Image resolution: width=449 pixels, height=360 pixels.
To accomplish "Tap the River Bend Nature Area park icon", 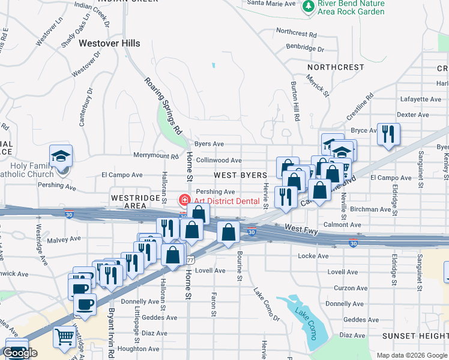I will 309,7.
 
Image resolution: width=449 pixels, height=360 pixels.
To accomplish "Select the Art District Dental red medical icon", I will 185,200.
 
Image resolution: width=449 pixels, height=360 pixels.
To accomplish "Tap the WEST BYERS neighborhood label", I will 240,175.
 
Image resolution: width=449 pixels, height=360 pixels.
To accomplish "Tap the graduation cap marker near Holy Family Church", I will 61,157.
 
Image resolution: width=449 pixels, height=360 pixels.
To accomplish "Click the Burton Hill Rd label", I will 295,101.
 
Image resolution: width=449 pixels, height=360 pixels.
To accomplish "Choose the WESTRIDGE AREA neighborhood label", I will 128,201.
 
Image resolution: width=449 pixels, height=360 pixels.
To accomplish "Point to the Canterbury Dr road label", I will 85,106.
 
